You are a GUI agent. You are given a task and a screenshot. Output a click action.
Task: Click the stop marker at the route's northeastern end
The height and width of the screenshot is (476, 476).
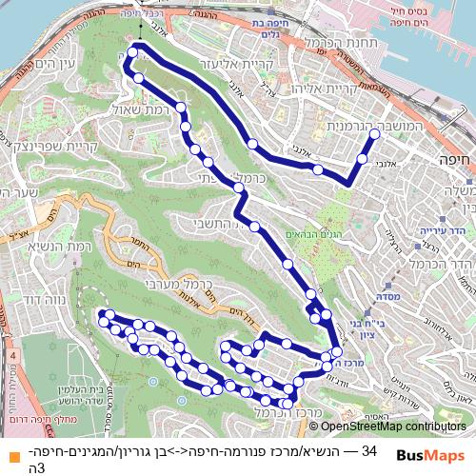(x=374, y=136)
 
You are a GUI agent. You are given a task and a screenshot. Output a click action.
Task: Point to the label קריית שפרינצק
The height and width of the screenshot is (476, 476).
(x=37, y=148)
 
